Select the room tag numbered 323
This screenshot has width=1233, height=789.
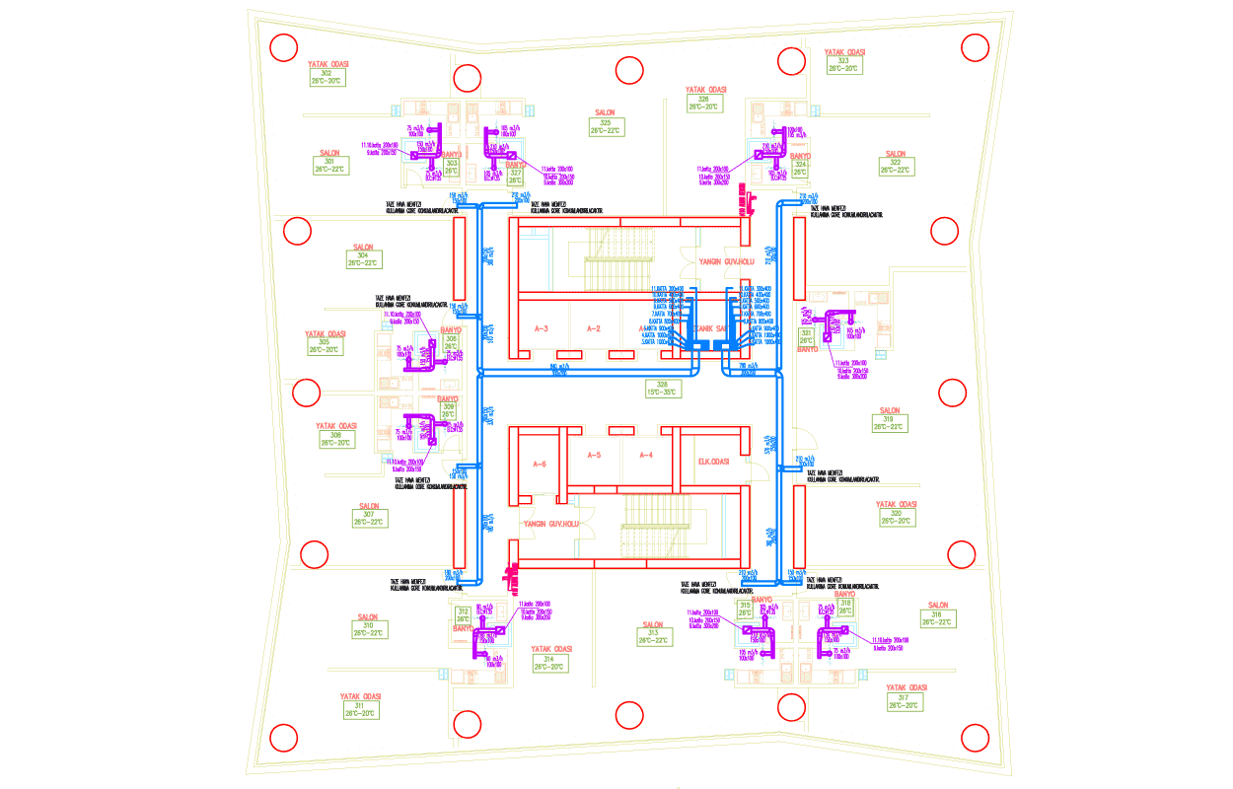tap(844, 65)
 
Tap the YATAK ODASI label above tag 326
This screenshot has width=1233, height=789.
tap(705, 89)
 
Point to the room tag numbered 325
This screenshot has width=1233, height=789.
tap(606, 127)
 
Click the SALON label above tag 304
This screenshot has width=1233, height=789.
tap(363, 248)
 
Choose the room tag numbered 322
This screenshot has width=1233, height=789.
tap(896, 167)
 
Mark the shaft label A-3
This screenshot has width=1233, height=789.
tap(541, 328)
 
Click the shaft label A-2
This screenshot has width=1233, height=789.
tap(594, 328)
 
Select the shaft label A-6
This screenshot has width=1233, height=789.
tap(540, 464)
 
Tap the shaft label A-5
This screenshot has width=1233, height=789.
tap(593, 455)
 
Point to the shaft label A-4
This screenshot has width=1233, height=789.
tap(646, 455)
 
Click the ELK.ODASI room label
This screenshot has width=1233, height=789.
tap(713, 463)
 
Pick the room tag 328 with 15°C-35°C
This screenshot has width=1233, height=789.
tap(662, 388)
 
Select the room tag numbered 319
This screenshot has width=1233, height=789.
tap(890, 423)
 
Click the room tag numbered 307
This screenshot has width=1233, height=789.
tap(368, 518)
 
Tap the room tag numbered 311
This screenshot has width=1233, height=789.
tap(360, 709)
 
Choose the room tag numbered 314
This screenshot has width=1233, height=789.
tap(551, 663)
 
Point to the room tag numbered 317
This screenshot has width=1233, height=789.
tap(905, 701)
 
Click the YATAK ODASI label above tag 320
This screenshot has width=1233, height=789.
tap(897, 504)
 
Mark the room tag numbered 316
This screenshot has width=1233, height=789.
tap(937, 618)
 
